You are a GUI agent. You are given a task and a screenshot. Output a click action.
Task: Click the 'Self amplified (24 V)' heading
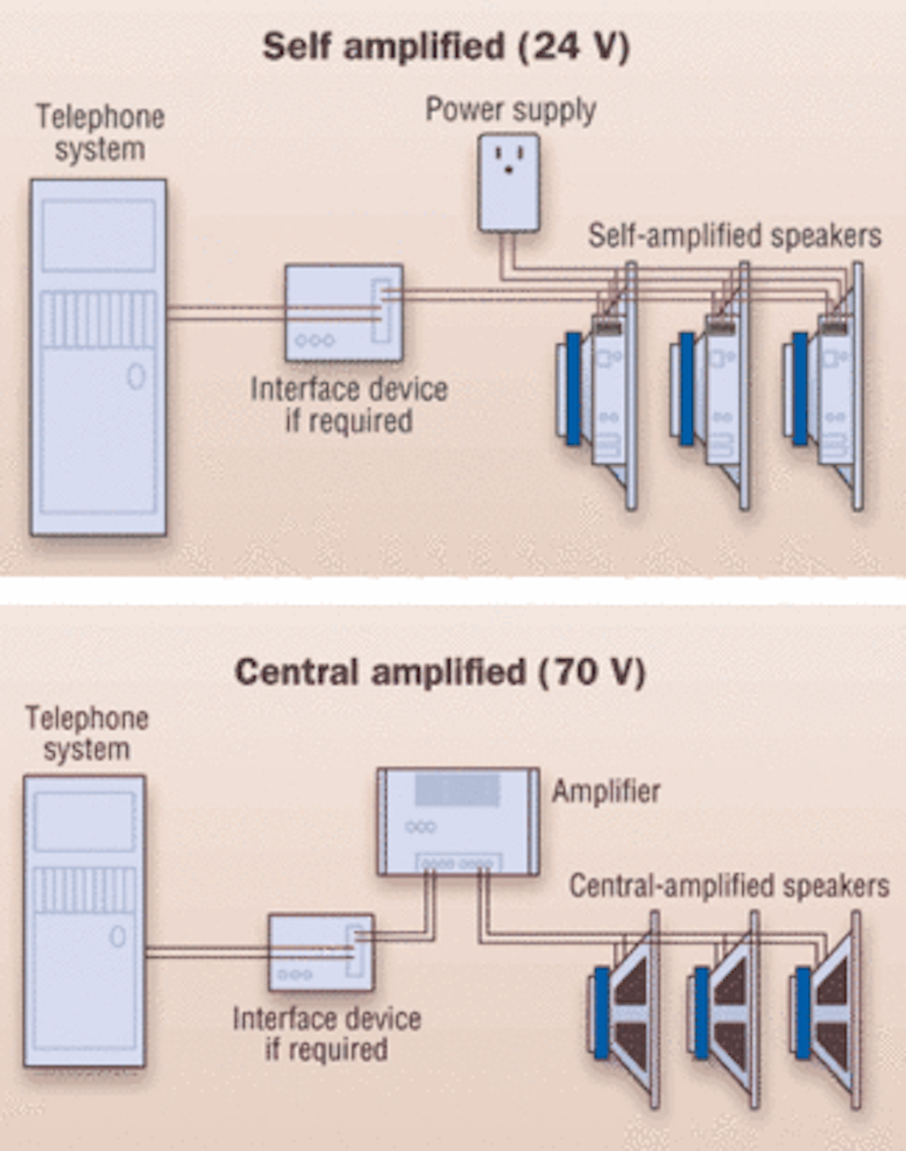[445, 47]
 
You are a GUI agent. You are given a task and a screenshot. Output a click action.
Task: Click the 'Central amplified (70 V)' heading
[440, 672]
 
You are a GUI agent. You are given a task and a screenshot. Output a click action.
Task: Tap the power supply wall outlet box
[508, 182]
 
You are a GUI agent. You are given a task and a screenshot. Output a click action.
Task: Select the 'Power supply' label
[510, 110]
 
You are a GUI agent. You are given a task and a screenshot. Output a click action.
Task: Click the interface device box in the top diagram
[344, 312]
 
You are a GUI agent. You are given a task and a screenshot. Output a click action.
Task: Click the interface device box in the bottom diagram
[321, 952]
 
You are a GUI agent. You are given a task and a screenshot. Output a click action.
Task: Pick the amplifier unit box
[458, 821]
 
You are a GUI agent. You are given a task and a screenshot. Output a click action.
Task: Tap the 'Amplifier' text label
[606, 791]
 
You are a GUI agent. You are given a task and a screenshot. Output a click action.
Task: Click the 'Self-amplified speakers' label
[734, 236]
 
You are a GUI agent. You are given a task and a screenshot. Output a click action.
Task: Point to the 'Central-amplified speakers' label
[729, 886]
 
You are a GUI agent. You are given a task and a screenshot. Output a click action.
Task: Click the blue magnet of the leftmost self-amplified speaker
[573, 389]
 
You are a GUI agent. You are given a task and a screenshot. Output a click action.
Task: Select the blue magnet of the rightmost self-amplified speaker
[800, 389]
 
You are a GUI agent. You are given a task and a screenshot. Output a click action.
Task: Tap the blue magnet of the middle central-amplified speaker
[702, 1013]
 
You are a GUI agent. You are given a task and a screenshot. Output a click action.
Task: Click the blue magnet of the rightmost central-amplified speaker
[802, 1013]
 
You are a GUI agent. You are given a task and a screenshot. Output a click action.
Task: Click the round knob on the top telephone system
[136, 376]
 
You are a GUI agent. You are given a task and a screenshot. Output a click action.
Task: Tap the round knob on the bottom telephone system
[118, 937]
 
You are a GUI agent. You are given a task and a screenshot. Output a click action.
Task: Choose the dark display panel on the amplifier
[457, 790]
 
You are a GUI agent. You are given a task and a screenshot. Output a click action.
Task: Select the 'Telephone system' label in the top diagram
[100, 133]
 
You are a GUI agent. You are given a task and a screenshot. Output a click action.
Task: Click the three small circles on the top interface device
[315, 340]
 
